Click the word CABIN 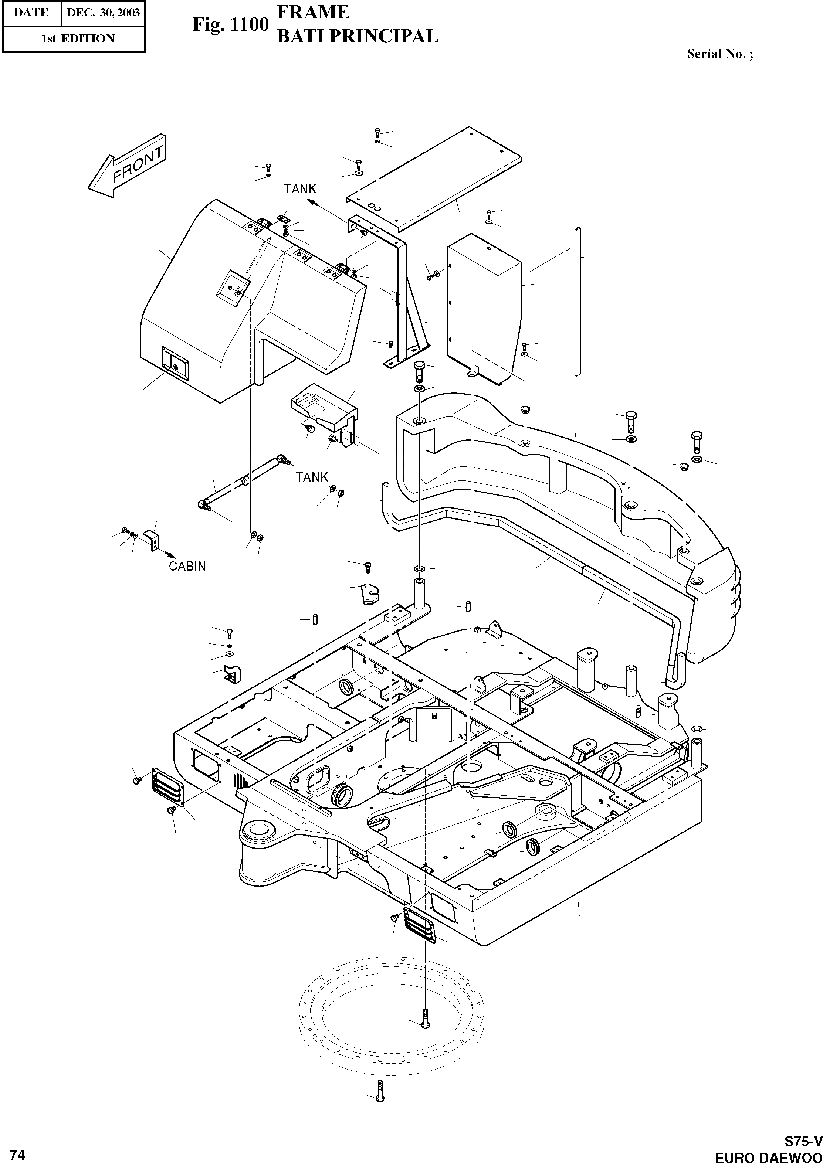pos(187,566)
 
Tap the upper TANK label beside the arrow pos(300,189)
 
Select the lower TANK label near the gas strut pos(312,477)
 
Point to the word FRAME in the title pos(313,12)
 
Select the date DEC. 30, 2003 pos(103,13)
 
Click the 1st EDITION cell pos(78,38)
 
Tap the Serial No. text pos(719,54)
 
